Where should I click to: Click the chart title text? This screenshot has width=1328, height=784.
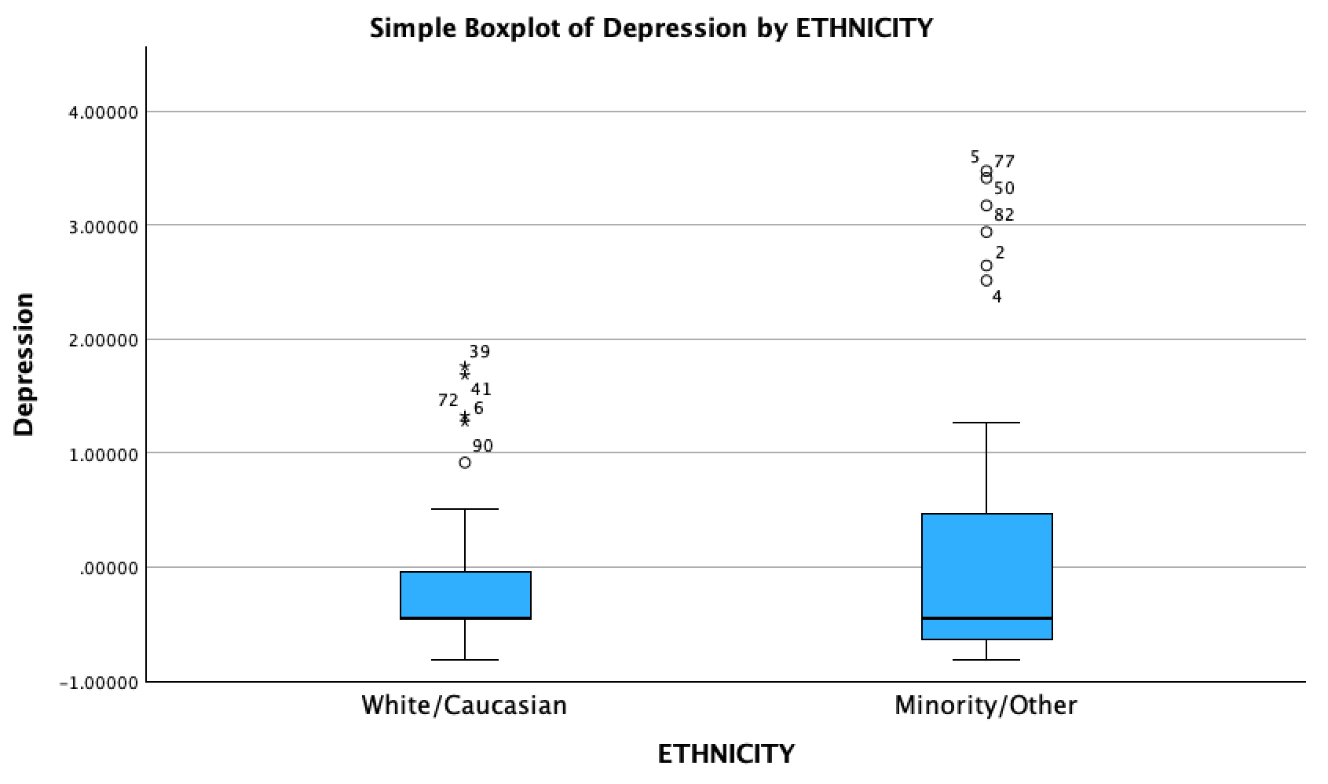[x=651, y=28]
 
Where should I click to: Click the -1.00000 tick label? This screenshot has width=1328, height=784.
[x=99, y=683]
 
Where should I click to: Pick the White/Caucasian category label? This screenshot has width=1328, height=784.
[x=464, y=705]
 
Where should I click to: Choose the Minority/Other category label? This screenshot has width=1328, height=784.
[x=986, y=705]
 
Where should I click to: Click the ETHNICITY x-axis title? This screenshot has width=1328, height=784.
[x=726, y=754]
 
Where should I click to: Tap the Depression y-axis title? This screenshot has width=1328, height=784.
[x=24, y=365]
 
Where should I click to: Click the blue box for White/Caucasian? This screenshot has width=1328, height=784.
[x=465, y=595]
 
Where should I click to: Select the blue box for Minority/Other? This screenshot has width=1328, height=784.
[x=986, y=566]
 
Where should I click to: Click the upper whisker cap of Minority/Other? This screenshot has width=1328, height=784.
[x=986, y=423]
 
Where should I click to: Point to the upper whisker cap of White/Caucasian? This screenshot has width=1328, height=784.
[x=465, y=509]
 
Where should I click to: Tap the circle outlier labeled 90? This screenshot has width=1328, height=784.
[x=465, y=463]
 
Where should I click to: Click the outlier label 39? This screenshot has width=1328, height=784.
[x=479, y=352]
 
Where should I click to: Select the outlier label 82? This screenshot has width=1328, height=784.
[x=1004, y=215]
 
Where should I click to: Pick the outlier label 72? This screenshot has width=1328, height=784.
[x=448, y=401]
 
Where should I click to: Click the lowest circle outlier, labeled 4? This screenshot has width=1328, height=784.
[x=986, y=280]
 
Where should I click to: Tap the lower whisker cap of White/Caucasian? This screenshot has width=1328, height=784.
[x=465, y=660]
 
